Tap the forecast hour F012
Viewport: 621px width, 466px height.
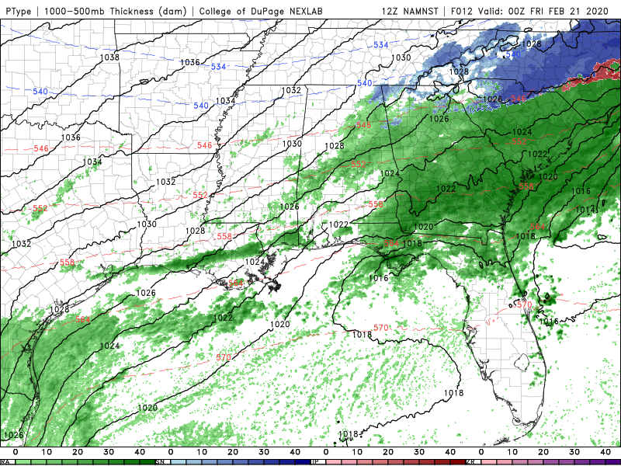pyautogui.click(x=469, y=11)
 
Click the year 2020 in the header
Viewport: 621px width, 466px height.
pyautogui.click(x=602, y=11)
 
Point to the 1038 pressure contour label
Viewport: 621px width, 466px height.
pyautogui.click(x=109, y=57)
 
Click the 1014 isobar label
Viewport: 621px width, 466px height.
pyautogui.click(x=586, y=210)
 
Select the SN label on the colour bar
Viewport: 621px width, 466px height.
pyautogui.click(x=160, y=462)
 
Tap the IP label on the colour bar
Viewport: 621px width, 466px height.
pyautogui.click(x=315, y=462)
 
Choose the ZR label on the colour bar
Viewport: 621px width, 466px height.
pyautogui.click(x=470, y=462)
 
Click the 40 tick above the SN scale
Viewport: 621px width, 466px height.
pyautogui.click(x=295, y=451)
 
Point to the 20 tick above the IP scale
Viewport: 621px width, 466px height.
pyautogui.click(x=388, y=451)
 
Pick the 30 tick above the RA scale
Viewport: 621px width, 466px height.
pyautogui.click(x=109, y=451)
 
